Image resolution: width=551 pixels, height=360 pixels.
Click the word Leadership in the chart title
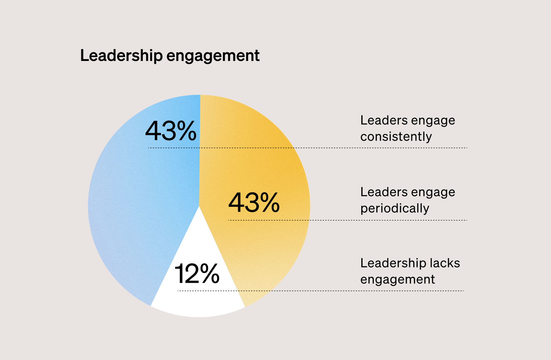pos(121,56)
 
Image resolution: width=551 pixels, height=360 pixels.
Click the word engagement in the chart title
pos(213,56)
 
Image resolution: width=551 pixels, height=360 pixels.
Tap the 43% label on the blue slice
pos(171,131)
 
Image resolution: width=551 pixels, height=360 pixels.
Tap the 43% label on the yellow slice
pos(254,202)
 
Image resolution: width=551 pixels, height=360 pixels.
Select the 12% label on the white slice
pos(197,274)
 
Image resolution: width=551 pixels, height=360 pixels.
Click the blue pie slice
pos(134,207)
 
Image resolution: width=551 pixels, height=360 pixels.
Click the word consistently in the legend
pos(396,137)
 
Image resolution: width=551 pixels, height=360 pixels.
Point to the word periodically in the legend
pos(395,208)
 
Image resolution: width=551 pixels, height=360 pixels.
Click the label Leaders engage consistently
pos(408,128)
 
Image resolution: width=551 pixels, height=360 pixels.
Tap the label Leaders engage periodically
pos(408,200)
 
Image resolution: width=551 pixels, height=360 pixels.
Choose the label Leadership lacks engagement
pos(410,271)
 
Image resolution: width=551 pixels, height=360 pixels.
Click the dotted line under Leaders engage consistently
pos(383,148)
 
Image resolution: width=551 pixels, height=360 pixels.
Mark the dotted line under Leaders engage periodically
pos(383,220)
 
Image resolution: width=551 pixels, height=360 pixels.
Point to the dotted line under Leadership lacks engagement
pos(383,291)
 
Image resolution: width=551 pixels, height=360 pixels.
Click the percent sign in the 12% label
pos(210,274)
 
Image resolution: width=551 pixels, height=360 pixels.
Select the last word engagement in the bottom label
pos(397,280)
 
